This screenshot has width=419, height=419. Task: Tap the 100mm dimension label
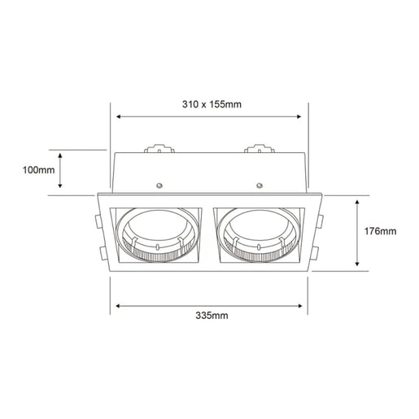coord(38,170)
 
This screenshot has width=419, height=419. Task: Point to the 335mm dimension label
coord(211,316)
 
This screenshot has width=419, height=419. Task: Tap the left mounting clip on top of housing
coord(159,150)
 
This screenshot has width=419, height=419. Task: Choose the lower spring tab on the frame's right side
coord(324,252)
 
